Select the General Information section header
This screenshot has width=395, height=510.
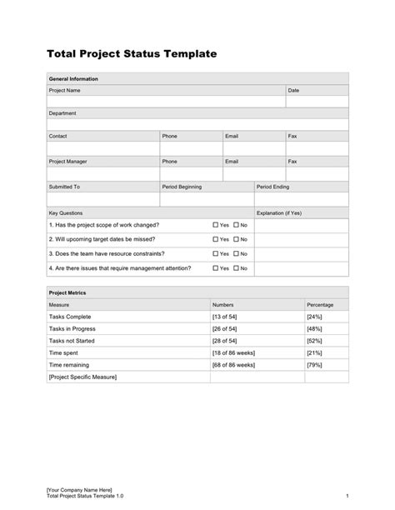click(x=74, y=78)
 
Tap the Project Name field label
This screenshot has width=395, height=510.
click(x=65, y=90)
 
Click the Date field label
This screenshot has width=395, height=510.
click(x=293, y=90)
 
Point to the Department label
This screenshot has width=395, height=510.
click(x=62, y=112)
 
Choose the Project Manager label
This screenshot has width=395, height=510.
click(x=68, y=162)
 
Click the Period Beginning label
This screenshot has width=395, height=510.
click(x=182, y=187)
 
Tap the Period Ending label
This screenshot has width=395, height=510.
click(x=272, y=187)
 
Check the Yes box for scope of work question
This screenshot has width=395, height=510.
click(x=215, y=225)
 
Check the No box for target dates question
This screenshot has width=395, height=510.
click(x=237, y=239)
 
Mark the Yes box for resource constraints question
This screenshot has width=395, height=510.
click(x=215, y=253)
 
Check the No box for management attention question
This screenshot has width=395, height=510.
click(x=237, y=268)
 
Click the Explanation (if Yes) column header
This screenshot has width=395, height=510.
click(x=279, y=212)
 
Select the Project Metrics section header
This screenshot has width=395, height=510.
click(x=67, y=293)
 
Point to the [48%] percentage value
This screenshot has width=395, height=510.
click(x=314, y=329)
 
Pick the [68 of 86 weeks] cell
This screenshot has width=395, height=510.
click(x=233, y=365)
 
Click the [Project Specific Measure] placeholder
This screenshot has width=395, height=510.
click(x=83, y=377)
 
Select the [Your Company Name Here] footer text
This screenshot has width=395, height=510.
click(x=78, y=489)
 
